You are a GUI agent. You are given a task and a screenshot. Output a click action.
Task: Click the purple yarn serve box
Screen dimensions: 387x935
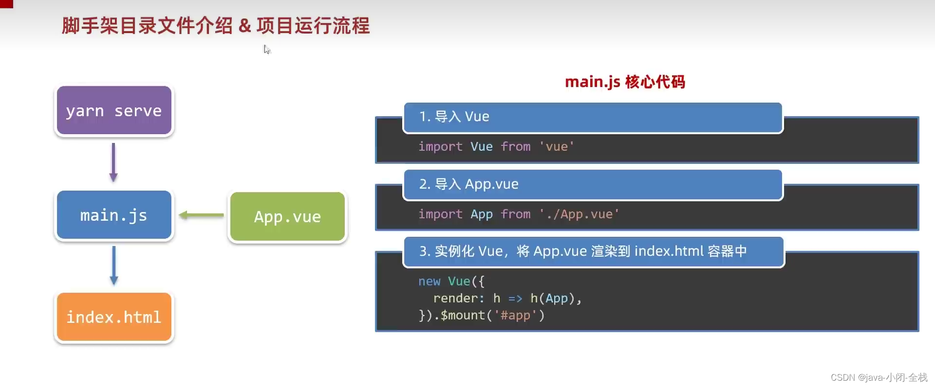pyautogui.click(x=114, y=110)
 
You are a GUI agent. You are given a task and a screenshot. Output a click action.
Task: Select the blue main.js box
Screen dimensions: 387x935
pyautogui.click(x=114, y=215)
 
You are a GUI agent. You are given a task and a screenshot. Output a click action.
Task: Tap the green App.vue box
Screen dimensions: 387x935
pyautogui.click(x=287, y=216)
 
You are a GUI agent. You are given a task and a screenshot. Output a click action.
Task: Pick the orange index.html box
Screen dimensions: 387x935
pyautogui.click(x=114, y=317)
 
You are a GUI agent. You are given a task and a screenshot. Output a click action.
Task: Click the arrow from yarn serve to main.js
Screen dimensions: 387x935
pyautogui.click(x=113, y=162)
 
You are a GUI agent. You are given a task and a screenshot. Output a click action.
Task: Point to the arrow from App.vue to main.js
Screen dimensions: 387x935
pyautogui.click(x=201, y=215)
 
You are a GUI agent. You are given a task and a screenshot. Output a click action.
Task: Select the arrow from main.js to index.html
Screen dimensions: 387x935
pyautogui.click(x=114, y=265)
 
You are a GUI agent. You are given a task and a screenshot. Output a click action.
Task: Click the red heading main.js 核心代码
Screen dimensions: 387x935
pyautogui.click(x=625, y=82)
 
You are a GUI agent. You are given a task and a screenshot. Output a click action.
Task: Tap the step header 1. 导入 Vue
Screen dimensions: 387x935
pyautogui.click(x=593, y=117)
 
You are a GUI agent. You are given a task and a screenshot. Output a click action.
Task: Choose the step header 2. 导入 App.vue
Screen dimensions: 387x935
pyautogui.click(x=593, y=184)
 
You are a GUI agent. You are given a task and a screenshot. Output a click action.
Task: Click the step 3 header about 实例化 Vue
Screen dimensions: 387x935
pyautogui.click(x=593, y=251)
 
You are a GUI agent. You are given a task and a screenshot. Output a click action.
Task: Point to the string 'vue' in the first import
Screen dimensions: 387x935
pyautogui.click(x=556, y=146)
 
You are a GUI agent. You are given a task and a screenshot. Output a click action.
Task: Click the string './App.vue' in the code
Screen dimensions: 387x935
pyautogui.click(x=579, y=214)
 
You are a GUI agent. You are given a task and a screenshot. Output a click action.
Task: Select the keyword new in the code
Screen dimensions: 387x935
pyautogui.click(x=429, y=281)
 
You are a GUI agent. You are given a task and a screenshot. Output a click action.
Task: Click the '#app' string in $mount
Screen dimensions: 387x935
pyautogui.click(x=515, y=315)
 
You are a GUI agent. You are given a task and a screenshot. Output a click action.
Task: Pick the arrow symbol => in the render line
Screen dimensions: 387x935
pyautogui.click(x=515, y=299)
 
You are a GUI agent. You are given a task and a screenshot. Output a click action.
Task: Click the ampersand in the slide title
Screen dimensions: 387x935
pyautogui.click(x=244, y=26)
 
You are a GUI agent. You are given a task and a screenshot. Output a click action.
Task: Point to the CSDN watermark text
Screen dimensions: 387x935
pyautogui.click(x=879, y=377)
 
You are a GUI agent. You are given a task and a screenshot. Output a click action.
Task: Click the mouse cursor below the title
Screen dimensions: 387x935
pyautogui.click(x=266, y=49)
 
